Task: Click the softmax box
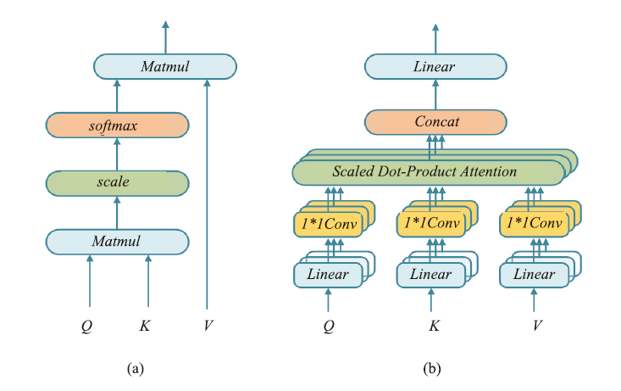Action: coord(117,126)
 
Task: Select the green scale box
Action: coord(117,183)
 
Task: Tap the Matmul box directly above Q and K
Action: coord(117,242)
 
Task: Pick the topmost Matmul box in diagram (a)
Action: coord(165,67)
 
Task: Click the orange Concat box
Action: coord(435,122)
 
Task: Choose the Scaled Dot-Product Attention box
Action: coord(429,172)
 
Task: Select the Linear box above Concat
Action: coord(435,67)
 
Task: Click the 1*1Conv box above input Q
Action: coord(328,225)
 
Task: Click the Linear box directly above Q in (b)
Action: coord(328,275)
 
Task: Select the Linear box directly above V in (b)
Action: coord(535,275)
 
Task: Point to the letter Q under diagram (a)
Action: coord(86,327)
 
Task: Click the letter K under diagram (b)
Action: coord(434,326)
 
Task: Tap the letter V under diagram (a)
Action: coord(208,326)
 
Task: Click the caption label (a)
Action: coord(136,369)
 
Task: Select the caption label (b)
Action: coord(432,369)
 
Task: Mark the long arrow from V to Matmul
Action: coord(207,194)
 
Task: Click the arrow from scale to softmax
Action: coord(117,154)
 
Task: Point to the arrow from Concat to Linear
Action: coord(435,94)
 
